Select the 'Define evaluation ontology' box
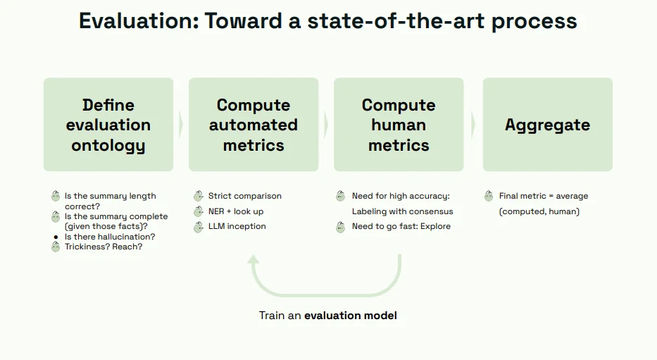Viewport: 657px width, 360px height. click(108, 125)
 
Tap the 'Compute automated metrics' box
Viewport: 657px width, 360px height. click(254, 125)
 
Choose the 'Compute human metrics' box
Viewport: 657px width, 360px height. click(399, 125)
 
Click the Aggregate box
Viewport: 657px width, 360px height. click(547, 125)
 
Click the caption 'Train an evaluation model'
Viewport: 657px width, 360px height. click(327, 315)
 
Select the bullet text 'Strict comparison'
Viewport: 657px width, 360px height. click(244, 196)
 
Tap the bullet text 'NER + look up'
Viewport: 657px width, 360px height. click(236, 211)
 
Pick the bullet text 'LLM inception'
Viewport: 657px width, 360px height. click(237, 226)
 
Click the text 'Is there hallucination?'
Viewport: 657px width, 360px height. click(110, 237)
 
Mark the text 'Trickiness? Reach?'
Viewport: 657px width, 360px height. click(104, 247)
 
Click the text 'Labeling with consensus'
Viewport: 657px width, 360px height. click(402, 211)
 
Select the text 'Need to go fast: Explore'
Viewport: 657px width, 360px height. click(401, 226)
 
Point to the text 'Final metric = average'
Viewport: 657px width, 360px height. click(543, 196)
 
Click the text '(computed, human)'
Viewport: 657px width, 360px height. click(539, 211)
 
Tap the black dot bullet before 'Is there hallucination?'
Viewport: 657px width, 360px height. click(56, 237)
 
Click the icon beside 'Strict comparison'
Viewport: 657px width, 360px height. click(199, 196)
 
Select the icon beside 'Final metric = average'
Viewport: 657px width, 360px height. click(489, 196)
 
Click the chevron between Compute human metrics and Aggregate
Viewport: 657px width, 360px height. click(473, 125)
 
